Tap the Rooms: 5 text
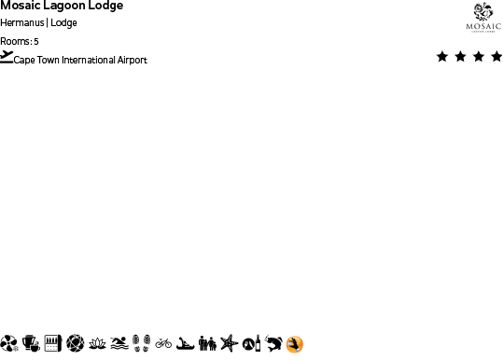click(20, 41)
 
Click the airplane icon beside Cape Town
click(7, 57)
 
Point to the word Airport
click(133, 61)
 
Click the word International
click(91, 61)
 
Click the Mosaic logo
click(482, 18)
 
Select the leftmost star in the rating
click(442, 57)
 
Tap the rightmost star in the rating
click(496, 57)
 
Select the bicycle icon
click(163, 343)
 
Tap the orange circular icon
click(295, 345)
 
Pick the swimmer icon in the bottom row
click(119, 343)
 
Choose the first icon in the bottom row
click(9, 343)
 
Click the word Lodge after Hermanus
click(64, 22)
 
